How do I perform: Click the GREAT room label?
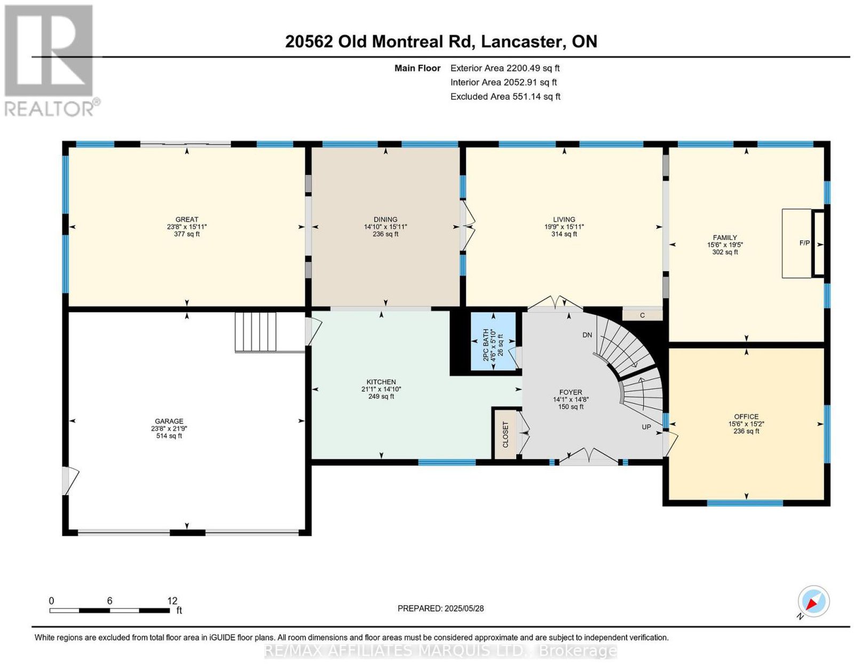(x=187, y=220)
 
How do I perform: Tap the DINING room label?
(x=385, y=220)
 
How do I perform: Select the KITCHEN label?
(x=381, y=382)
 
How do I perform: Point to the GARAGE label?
(x=169, y=421)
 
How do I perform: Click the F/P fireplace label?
(x=804, y=243)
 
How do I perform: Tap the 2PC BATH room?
(x=493, y=342)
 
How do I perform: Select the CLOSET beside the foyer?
(x=505, y=434)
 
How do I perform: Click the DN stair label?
(x=587, y=335)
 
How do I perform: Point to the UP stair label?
(x=646, y=427)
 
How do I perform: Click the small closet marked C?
(x=642, y=315)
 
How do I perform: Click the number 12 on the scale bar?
(x=172, y=601)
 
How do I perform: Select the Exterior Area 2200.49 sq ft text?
(x=505, y=68)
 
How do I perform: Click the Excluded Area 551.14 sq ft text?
(x=505, y=96)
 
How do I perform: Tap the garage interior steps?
(x=256, y=332)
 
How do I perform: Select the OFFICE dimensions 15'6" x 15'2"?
(x=746, y=424)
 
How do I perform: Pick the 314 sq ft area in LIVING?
(x=564, y=234)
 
